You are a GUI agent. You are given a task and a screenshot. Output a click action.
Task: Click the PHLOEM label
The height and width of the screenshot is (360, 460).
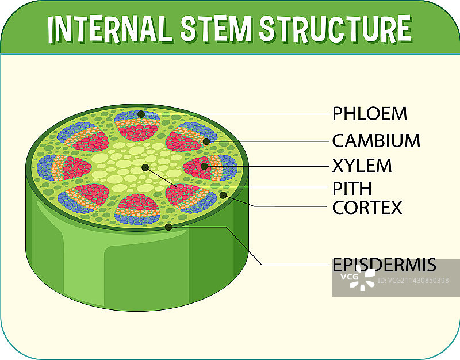[369, 114]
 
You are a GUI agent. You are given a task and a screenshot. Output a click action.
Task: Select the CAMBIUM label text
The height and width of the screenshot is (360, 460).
[376, 140]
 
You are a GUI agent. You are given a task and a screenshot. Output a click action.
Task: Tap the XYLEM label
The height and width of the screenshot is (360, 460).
[362, 166]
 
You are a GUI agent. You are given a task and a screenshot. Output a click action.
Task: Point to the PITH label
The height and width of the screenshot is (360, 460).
[352, 189]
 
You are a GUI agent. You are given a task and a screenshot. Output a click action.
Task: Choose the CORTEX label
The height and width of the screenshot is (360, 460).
[367, 208]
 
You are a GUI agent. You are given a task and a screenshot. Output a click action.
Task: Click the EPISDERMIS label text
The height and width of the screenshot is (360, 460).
[384, 266]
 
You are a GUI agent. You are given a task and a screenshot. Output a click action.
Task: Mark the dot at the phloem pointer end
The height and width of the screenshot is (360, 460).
[141, 114]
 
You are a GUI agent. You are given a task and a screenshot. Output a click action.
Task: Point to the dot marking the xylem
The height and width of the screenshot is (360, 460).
[204, 166]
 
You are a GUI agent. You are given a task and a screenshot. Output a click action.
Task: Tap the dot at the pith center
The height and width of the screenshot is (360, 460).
[145, 167]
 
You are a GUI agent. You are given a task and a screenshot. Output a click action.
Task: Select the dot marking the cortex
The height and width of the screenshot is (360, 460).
[223, 196]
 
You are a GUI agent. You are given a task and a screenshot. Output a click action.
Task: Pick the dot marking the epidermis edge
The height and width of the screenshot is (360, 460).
[168, 227]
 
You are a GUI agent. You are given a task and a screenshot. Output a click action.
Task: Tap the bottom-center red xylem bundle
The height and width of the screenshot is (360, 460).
[135, 205]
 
